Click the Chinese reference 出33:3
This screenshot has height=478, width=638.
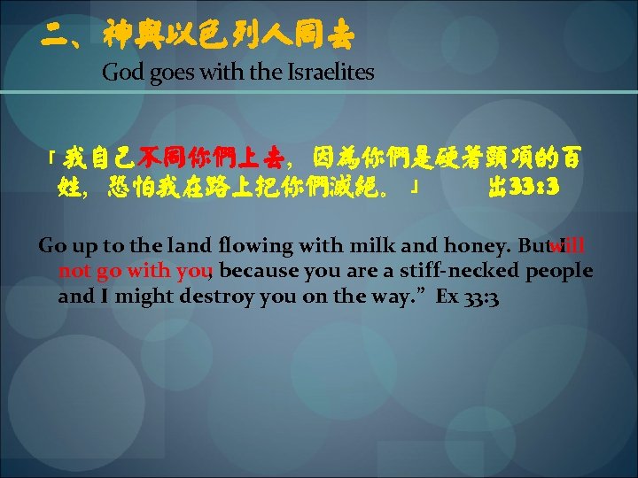[x=523, y=188]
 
